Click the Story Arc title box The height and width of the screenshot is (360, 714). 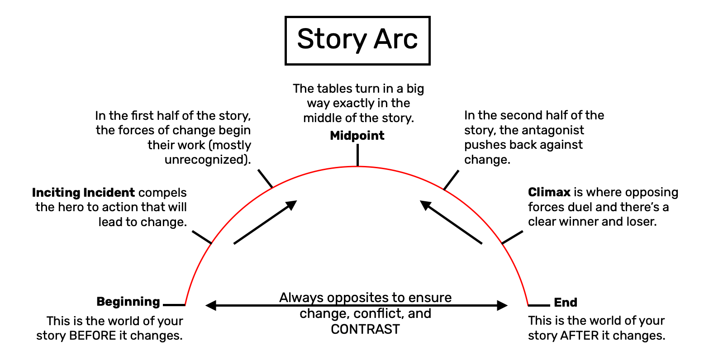coord(357,40)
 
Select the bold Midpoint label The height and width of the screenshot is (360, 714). coord(357,136)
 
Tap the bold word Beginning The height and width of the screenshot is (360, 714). coord(128,302)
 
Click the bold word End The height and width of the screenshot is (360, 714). coord(566,302)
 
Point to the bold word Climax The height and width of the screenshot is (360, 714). coord(549,192)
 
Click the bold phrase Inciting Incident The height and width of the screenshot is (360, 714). coord(83,193)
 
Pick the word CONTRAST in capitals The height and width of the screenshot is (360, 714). coord(365,329)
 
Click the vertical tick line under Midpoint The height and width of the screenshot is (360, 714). coord(357,155)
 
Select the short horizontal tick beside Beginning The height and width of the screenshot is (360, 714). coord(174,305)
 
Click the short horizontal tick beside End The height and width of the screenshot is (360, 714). coord(539,305)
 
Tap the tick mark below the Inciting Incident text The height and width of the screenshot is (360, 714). coord(202,237)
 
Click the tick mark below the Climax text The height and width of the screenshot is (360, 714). coord(512,237)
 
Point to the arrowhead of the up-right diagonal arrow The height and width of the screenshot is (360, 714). coord(292,204)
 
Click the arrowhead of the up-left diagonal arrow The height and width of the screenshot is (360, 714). coord(425,205)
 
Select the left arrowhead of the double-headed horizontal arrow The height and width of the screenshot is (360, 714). coord(211,305)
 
